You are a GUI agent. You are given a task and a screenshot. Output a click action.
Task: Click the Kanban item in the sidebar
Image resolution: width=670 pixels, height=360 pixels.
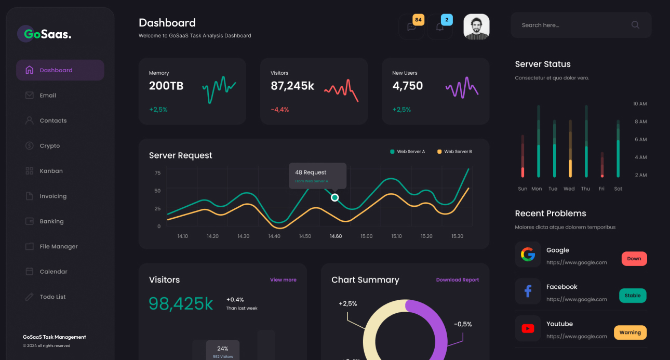click(51, 171)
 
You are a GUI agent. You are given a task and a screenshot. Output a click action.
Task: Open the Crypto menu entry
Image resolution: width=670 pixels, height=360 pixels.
click(50, 146)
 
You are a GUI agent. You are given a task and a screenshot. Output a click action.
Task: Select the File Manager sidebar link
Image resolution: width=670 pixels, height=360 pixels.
click(59, 247)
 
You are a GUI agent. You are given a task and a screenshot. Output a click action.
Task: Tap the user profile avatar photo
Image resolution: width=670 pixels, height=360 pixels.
click(476, 27)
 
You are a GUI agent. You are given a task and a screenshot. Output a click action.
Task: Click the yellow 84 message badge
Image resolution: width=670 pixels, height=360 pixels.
click(418, 20)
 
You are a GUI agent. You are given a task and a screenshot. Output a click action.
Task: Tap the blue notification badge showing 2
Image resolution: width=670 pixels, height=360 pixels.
click(447, 20)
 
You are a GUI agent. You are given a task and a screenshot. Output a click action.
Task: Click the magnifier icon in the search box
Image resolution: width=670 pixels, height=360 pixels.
click(635, 25)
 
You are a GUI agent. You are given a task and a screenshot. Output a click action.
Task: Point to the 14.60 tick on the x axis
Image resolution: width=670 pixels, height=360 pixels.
click(336, 236)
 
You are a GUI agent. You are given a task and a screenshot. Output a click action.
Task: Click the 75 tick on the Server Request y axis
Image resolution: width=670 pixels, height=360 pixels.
click(157, 173)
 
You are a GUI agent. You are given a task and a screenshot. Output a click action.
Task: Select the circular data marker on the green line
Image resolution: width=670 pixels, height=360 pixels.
click(335, 197)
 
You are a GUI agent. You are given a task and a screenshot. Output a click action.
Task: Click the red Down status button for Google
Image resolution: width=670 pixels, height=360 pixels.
click(634, 259)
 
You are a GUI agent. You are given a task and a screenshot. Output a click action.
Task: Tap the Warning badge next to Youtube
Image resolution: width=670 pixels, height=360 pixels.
click(630, 332)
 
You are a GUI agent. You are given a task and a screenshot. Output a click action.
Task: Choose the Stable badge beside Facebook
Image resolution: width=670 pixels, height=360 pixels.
click(633, 296)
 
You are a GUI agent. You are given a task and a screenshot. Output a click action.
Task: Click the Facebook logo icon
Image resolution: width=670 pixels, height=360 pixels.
click(528, 291)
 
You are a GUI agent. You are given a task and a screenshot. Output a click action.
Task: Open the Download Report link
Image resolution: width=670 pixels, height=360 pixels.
click(457, 280)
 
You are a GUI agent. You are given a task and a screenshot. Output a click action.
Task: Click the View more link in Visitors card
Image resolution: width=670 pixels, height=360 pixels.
click(283, 280)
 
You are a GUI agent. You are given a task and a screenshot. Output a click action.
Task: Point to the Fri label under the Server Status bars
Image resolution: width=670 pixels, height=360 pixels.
click(601, 189)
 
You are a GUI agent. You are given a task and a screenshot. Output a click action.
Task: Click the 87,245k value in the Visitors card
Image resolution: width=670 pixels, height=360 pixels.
click(292, 86)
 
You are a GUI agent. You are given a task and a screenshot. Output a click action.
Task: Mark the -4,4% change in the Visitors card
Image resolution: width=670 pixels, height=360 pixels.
click(279, 110)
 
